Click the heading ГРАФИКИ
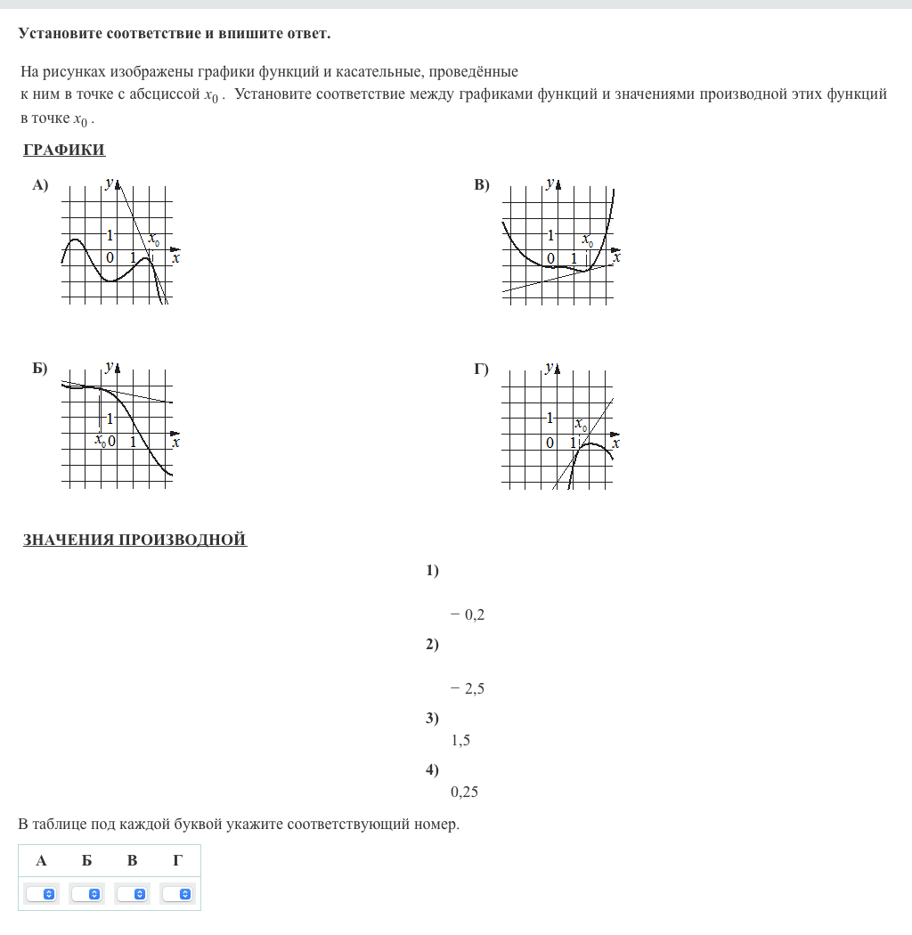[64, 150]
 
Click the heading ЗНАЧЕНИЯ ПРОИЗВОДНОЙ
[134, 540]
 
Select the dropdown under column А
[42, 893]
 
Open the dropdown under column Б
[87, 893]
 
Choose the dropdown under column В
[133, 893]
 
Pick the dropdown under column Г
[178, 893]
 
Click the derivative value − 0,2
[468, 614]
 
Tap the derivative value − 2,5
[468, 688]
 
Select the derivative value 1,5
[460, 740]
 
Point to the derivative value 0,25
[464, 792]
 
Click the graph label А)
[40, 185]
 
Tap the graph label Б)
[40, 369]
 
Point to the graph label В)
[482, 185]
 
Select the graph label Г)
[482, 369]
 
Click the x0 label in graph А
[154, 240]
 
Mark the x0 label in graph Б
[101, 441]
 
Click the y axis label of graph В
[550, 183]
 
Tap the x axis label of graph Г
[615, 442]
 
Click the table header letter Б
[86, 860]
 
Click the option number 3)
[432, 719]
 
